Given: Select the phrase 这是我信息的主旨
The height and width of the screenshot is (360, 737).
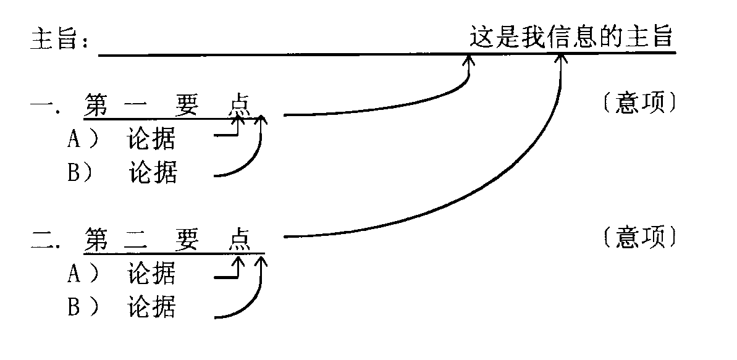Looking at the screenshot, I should click(570, 37).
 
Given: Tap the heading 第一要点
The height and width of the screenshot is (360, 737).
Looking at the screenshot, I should click(167, 105).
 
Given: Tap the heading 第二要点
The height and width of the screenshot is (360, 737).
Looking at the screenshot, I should click(167, 239).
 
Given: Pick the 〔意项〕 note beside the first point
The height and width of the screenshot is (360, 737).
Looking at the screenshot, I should click(639, 104).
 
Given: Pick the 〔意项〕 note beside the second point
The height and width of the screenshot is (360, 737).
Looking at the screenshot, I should click(639, 238).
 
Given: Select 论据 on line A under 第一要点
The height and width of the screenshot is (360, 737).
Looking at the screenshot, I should click(151, 140).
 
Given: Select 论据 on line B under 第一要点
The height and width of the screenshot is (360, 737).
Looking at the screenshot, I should click(153, 172).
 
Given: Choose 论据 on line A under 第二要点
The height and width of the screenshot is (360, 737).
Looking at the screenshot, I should click(151, 273).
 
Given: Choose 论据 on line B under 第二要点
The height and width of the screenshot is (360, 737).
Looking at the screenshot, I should click(151, 306).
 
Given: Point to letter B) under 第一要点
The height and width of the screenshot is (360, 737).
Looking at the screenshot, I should click(80, 173).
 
